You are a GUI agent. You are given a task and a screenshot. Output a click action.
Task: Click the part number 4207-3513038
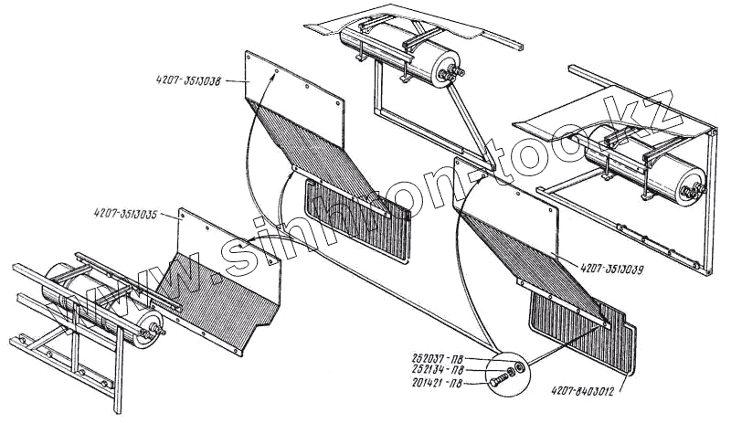pos(188,82)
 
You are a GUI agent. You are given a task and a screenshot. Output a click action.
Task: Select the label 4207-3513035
pos(125,215)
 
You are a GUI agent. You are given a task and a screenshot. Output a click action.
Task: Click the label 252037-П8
pos(440,357)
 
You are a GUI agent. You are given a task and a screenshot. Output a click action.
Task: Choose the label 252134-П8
pos(440,370)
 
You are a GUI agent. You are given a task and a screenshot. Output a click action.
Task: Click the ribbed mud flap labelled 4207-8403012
pos(585,338)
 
